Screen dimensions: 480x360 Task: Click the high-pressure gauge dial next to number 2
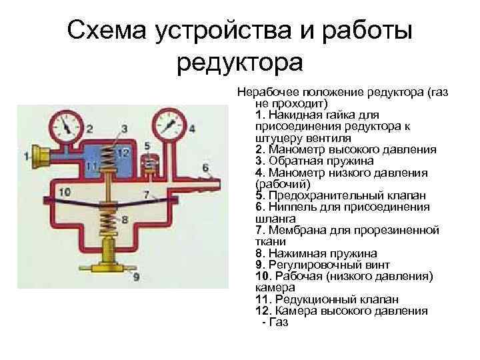pos(67,125)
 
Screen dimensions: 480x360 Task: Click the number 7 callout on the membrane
pos(145,195)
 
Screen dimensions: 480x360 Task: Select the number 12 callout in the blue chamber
pos(122,153)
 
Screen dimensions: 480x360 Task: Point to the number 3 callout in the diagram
pos(125,127)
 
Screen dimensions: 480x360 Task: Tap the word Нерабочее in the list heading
pos(268,93)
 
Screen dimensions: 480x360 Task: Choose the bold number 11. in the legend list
pos(263,299)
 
